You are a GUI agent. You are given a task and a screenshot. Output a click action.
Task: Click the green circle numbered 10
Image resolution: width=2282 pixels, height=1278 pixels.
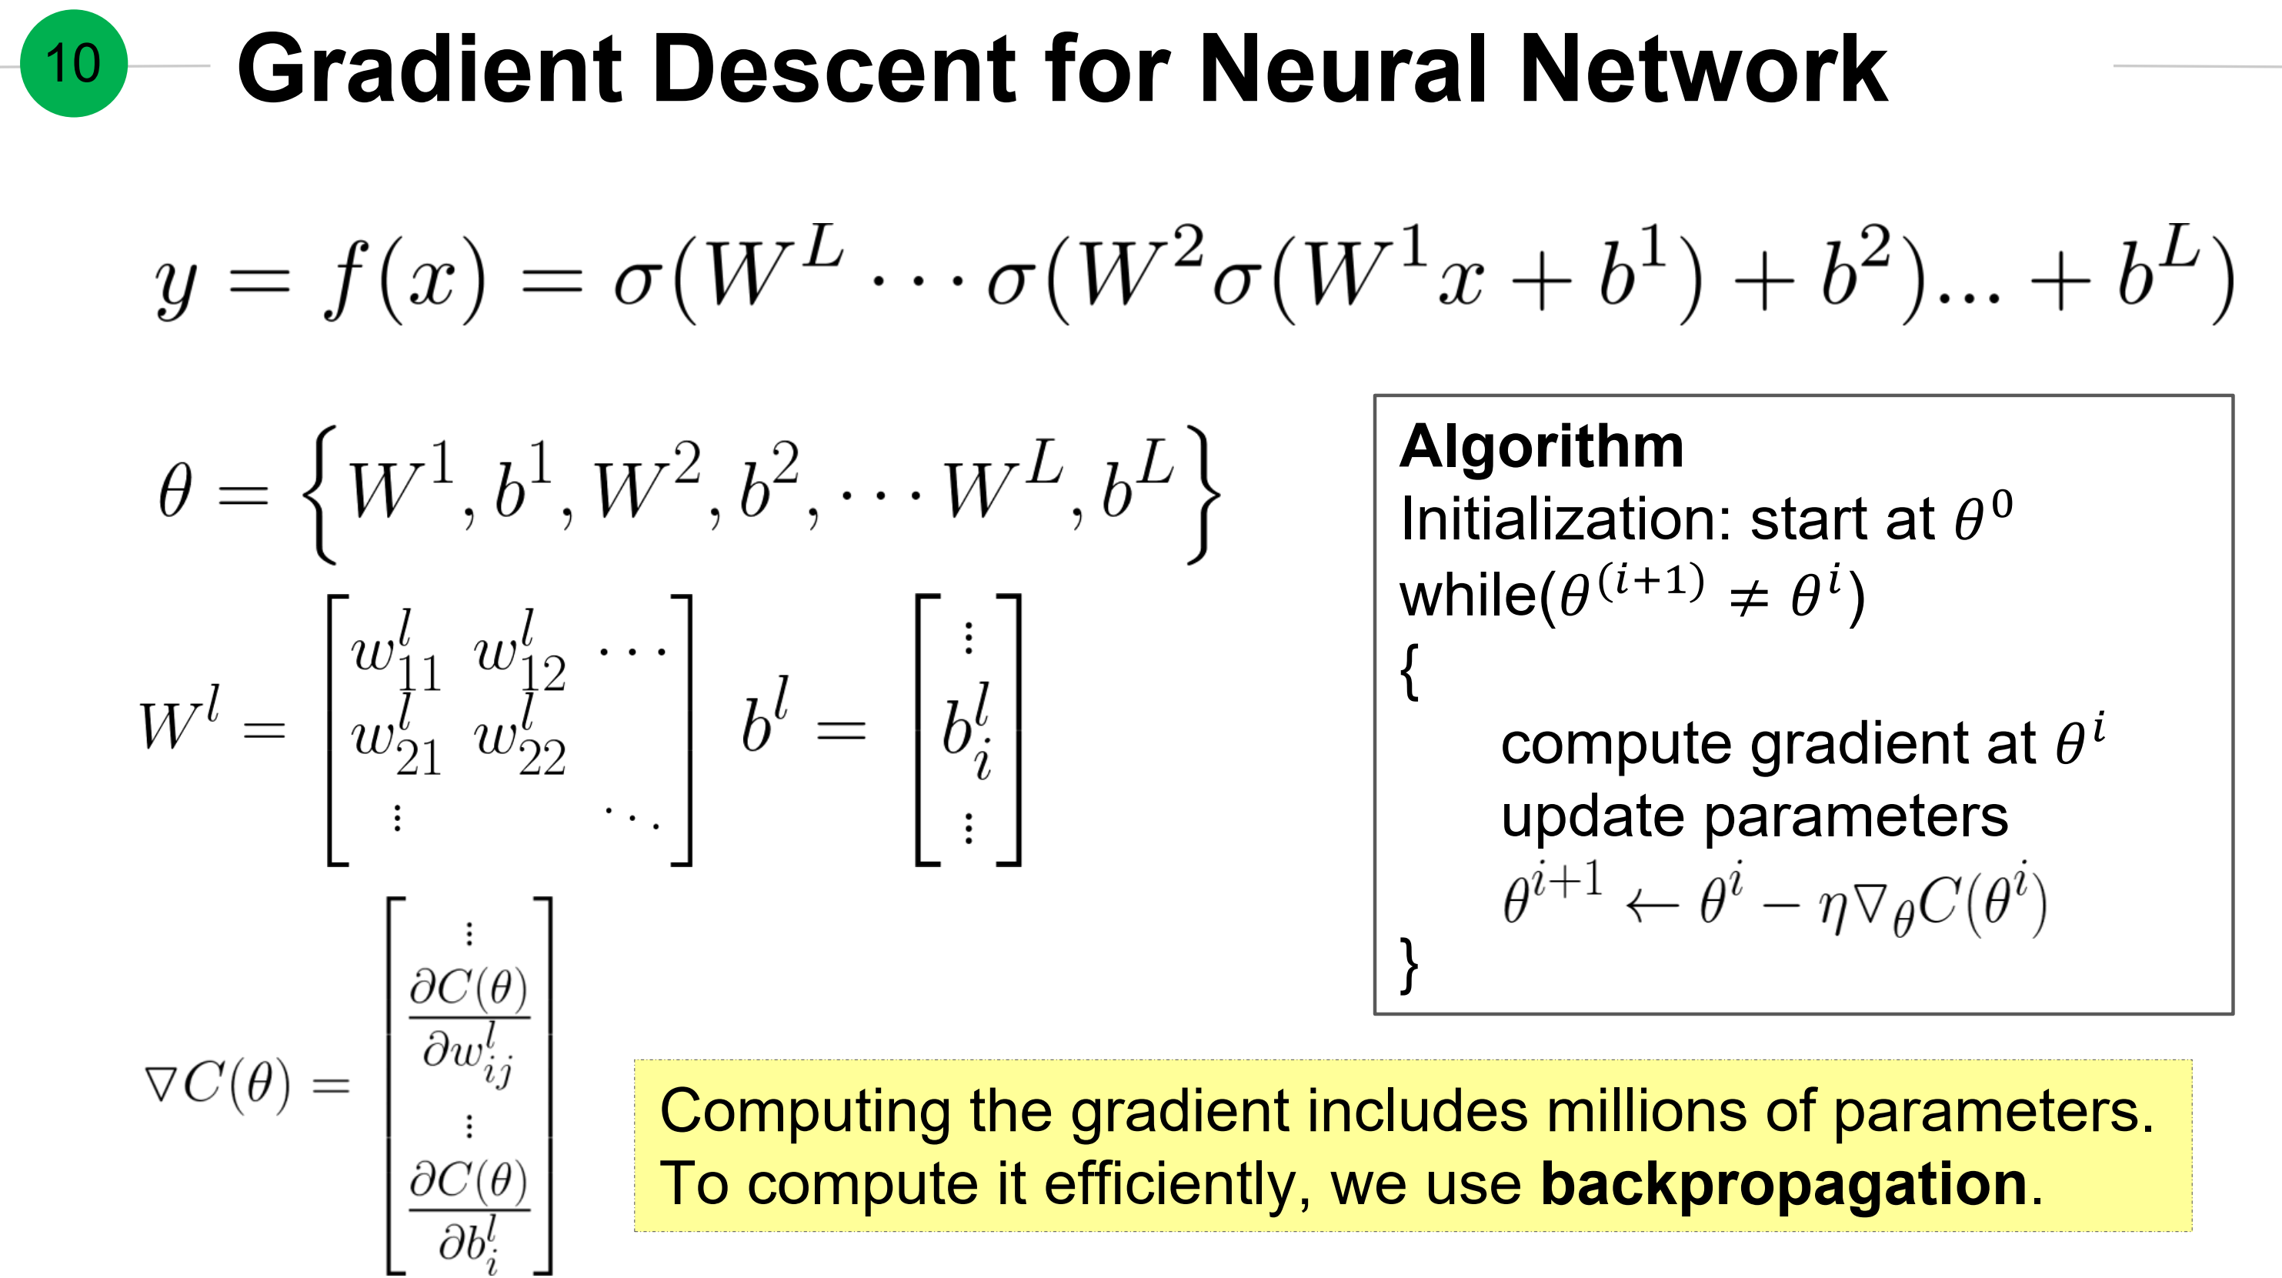coord(74,64)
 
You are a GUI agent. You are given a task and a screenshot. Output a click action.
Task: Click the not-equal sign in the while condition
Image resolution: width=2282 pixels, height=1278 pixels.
coord(1749,599)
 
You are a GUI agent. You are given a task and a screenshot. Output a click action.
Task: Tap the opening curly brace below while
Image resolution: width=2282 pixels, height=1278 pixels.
coord(1410,672)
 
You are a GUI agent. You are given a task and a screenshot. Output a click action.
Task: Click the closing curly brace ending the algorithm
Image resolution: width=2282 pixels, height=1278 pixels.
coord(1410,965)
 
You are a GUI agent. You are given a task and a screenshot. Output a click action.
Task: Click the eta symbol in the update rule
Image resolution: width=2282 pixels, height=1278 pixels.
coord(1830,909)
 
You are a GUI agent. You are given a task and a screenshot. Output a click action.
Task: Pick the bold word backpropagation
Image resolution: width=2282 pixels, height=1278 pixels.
coord(1784,1184)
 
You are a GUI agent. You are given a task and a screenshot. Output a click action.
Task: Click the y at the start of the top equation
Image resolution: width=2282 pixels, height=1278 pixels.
coord(176,284)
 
